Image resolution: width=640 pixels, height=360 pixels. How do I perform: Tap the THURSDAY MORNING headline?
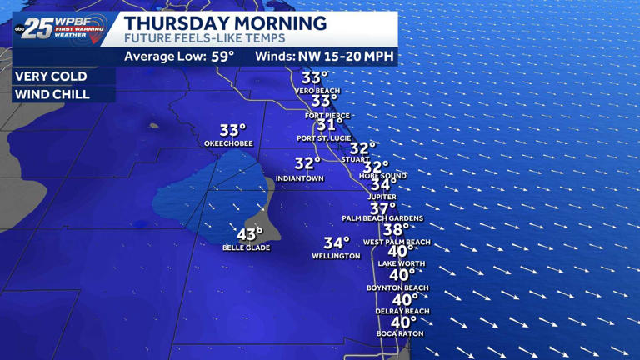[x=225, y=22]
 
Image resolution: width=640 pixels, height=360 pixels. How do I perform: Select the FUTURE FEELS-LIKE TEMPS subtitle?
[x=204, y=38]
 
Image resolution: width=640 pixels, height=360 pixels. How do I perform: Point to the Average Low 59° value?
[x=179, y=57]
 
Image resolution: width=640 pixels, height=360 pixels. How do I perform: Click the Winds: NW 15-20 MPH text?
[x=325, y=57]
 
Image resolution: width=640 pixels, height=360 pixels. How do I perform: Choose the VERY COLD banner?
[x=52, y=76]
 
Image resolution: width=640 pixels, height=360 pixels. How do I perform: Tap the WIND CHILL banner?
[x=52, y=94]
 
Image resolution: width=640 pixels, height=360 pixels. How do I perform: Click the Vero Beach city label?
[x=317, y=91]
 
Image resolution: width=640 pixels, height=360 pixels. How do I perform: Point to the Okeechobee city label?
[x=228, y=143]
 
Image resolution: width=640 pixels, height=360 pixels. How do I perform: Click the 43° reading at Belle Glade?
[x=250, y=235]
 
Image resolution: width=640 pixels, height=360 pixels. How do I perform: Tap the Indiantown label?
[x=299, y=178]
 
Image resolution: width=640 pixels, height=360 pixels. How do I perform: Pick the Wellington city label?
[x=336, y=256]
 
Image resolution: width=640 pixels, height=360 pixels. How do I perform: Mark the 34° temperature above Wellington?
[x=337, y=242]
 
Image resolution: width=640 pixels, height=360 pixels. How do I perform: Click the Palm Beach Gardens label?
[x=382, y=218]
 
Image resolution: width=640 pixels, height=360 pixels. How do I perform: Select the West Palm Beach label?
[x=397, y=242]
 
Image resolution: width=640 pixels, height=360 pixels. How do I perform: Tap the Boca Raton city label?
[x=400, y=334]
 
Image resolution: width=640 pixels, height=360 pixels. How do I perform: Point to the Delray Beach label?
[x=402, y=312]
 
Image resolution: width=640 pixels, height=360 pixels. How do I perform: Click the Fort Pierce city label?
[x=327, y=115]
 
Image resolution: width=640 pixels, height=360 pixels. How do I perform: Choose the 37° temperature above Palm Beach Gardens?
[x=383, y=207]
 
